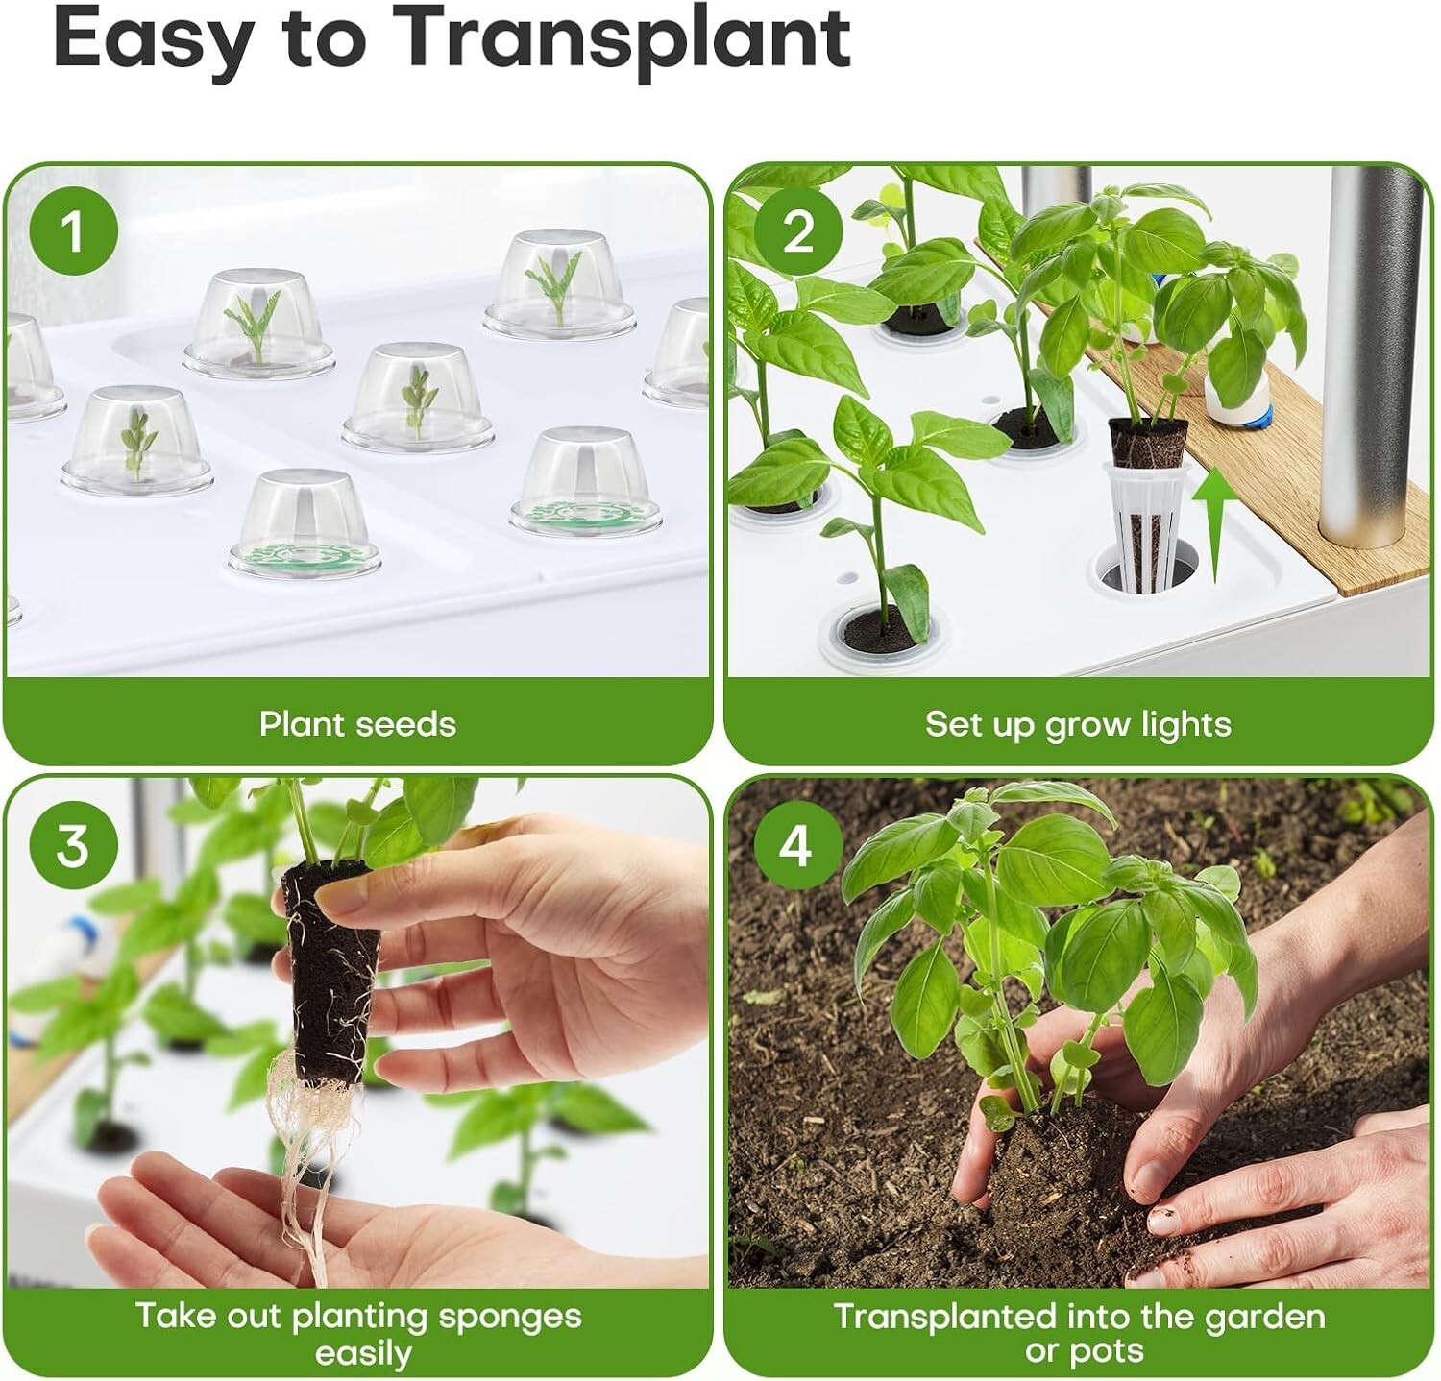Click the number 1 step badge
click(73, 231)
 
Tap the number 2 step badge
click(797, 231)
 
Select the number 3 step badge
click(73, 845)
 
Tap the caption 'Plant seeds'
click(357, 723)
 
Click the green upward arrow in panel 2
click(1214, 524)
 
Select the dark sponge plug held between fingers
click(329, 970)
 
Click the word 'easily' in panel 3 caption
click(363, 1354)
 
